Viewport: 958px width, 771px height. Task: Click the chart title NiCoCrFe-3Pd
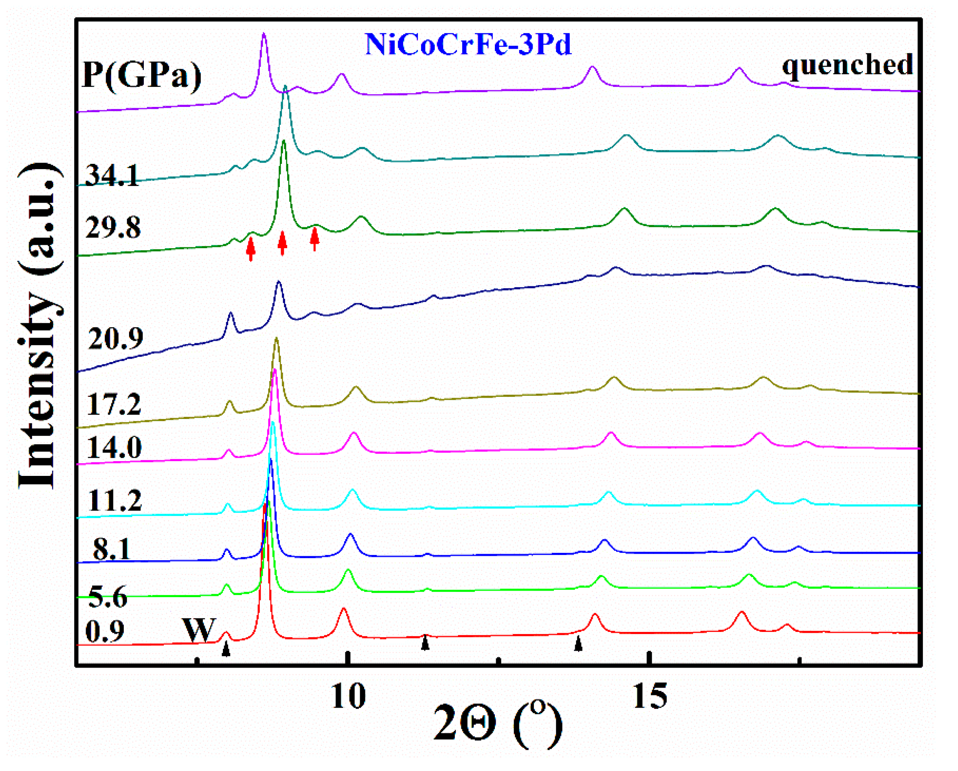tap(468, 44)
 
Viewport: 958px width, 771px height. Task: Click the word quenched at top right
tap(847, 65)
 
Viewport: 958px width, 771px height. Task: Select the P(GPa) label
tap(142, 76)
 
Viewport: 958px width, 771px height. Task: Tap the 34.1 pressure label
tap(112, 175)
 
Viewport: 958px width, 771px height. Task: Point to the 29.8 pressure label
tap(113, 228)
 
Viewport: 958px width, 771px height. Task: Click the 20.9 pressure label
tap(116, 339)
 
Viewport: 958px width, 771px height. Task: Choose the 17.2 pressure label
tap(114, 404)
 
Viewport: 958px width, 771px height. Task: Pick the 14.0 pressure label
tap(114, 447)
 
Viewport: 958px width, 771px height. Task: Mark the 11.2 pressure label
tap(115, 500)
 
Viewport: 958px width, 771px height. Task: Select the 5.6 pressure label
tap(108, 596)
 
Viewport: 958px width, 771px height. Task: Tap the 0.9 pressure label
tap(105, 631)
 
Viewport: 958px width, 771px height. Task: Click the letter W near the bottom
tap(199, 630)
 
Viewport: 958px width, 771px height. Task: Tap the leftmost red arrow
tap(251, 249)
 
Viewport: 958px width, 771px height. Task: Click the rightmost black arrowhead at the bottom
tap(578, 644)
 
